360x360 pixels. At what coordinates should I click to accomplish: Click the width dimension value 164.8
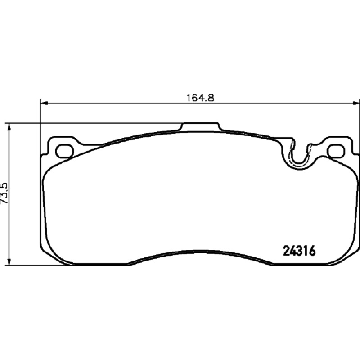[200, 98]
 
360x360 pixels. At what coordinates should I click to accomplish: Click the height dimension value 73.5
[5, 193]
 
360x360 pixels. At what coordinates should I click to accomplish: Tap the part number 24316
[300, 251]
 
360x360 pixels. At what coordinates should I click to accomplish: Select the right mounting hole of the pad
[337, 151]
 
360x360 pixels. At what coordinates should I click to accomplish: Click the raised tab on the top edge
[200, 127]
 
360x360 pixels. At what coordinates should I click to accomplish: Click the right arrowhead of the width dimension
[356, 103]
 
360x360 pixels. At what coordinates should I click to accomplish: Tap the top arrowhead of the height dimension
[9, 127]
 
